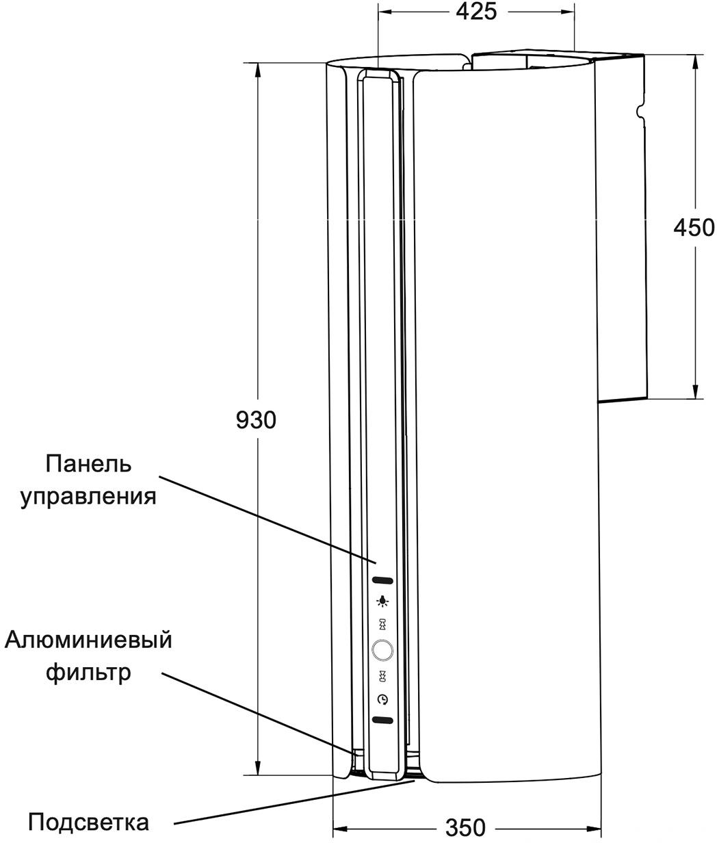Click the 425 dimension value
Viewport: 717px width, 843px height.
click(476, 12)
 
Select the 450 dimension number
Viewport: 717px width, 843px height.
click(694, 228)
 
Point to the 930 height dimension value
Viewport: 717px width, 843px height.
click(256, 420)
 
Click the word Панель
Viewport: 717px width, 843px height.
click(88, 464)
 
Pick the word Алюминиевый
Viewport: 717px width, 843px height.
click(88, 640)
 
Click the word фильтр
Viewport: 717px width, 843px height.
click(88, 673)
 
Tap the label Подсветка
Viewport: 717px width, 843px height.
click(88, 822)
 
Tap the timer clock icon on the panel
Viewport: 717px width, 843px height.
click(382, 700)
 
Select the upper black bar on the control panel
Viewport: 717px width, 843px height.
click(382, 580)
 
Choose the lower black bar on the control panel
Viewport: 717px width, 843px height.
click(382, 721)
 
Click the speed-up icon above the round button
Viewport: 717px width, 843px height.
click(382, 624)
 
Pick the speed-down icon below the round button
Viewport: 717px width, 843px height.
click(382, 676)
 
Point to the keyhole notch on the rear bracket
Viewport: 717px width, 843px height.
click(640, 110)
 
